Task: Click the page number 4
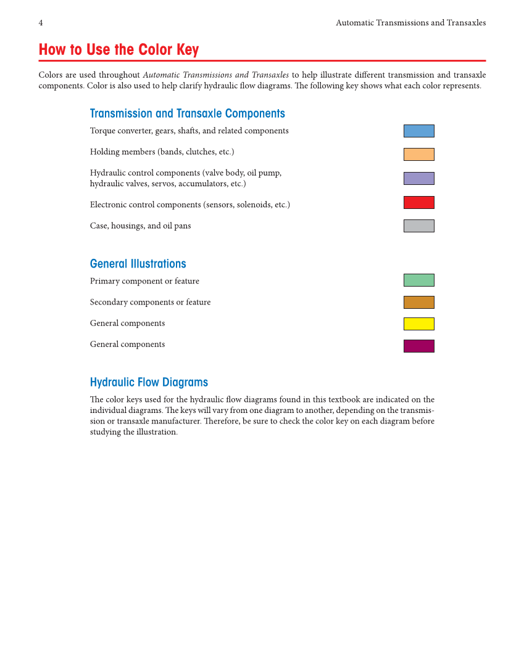[x=41, y=23]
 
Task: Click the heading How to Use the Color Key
[x=119, y=50]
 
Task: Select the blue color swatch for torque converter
[x=418, y=131]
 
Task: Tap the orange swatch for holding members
[x=418, y=154]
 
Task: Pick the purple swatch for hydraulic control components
[x=418, y=178]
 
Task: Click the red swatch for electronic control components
[x=418, y=202]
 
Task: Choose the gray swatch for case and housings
[x=418, y=226]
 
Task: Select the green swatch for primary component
[x=418, y=280]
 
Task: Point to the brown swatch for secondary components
[x=418, y=302]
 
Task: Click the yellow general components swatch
[x=418, y=324]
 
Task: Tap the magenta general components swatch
[x=418, y=346]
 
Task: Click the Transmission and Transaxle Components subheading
[x=187, y=113]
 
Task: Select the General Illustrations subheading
[x=138, y=264]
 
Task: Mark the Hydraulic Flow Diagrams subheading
[x=149, y=382]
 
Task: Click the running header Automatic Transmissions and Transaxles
[x=410, y=23]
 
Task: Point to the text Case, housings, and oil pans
[x=140, y=226]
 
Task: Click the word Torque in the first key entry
[x=102, y=131]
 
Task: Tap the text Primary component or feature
[x=144, y=281]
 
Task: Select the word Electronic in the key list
[x=109, y=205]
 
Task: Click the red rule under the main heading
[x=262, y=60]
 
